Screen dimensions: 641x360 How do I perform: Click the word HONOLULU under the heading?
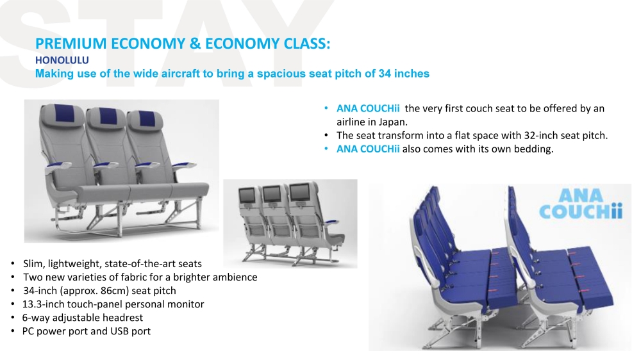pos(62,60)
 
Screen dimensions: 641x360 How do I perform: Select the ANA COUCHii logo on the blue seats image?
pos(581,204)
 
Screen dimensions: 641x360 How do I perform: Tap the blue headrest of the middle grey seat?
pos(106,116)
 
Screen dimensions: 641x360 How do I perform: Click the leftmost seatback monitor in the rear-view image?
pos(247,195)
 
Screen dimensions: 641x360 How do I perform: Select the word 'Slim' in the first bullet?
pos(33,263)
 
